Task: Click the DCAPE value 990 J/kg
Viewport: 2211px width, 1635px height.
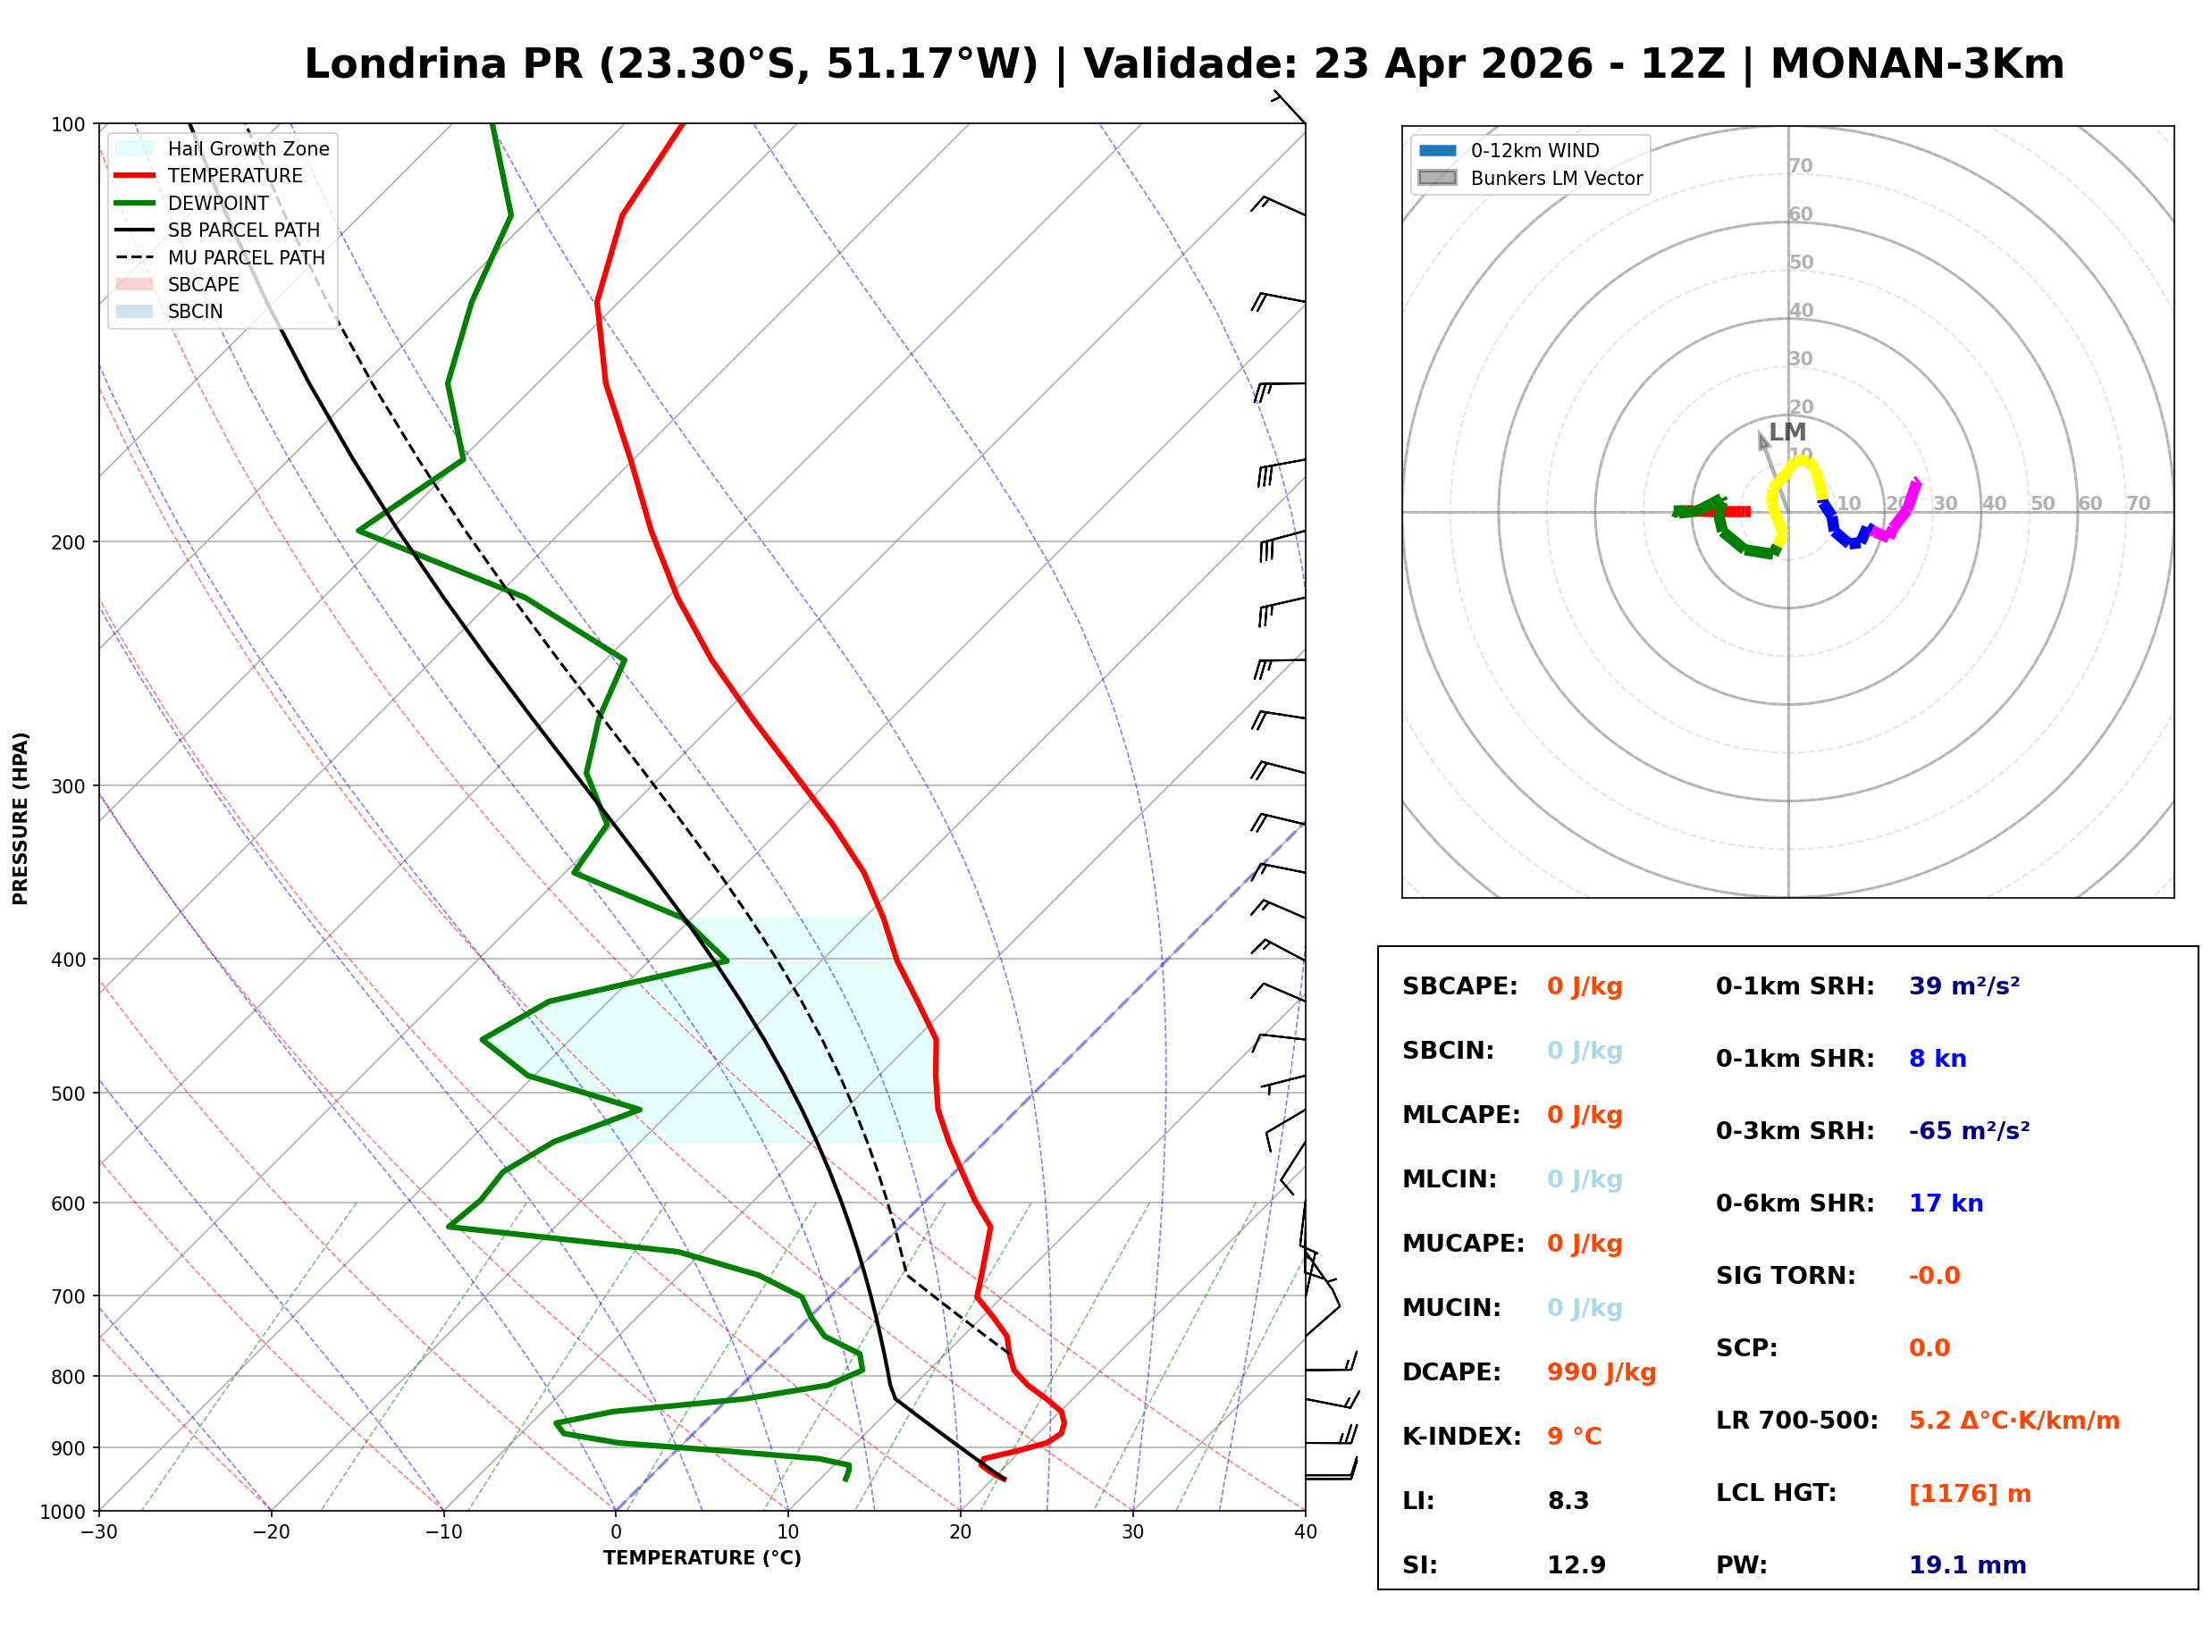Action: (x=1601, y=1372)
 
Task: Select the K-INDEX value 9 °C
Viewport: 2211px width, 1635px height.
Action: (x=1574, y=1437)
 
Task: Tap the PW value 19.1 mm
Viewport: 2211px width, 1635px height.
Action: (x=1966, y=1565)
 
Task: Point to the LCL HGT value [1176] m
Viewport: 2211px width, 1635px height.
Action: (x=1970, y=1494)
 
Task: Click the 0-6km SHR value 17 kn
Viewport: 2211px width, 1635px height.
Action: (x=1946, y=1203)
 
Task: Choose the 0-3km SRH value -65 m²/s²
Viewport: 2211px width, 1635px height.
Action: (x=1969, y=1131)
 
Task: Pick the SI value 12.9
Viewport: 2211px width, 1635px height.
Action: (x=1576, y=1565)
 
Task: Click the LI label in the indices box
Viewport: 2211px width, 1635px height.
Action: (x=1417, y=1501)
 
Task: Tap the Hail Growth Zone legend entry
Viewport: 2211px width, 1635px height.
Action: (x=248, y=148)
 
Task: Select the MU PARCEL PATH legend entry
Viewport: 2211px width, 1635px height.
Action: (x=246, y=257)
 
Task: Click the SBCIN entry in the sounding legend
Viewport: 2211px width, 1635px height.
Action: (x=195, y=312)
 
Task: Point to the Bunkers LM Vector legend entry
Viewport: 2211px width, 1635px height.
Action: (x=1556, y=178)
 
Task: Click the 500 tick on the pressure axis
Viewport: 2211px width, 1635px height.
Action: (x=67, y=1094)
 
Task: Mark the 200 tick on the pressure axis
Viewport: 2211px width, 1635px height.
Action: (x=67, y=542)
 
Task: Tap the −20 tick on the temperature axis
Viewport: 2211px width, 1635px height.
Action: (x=270, y=1533)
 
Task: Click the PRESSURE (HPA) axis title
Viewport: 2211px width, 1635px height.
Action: (x=21, y=818)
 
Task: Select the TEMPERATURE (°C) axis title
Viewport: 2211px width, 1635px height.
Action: (x=702, y=1559)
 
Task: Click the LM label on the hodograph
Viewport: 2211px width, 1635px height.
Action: (x=1787, y=432)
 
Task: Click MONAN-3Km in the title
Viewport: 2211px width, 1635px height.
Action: (x=1917, y=64)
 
